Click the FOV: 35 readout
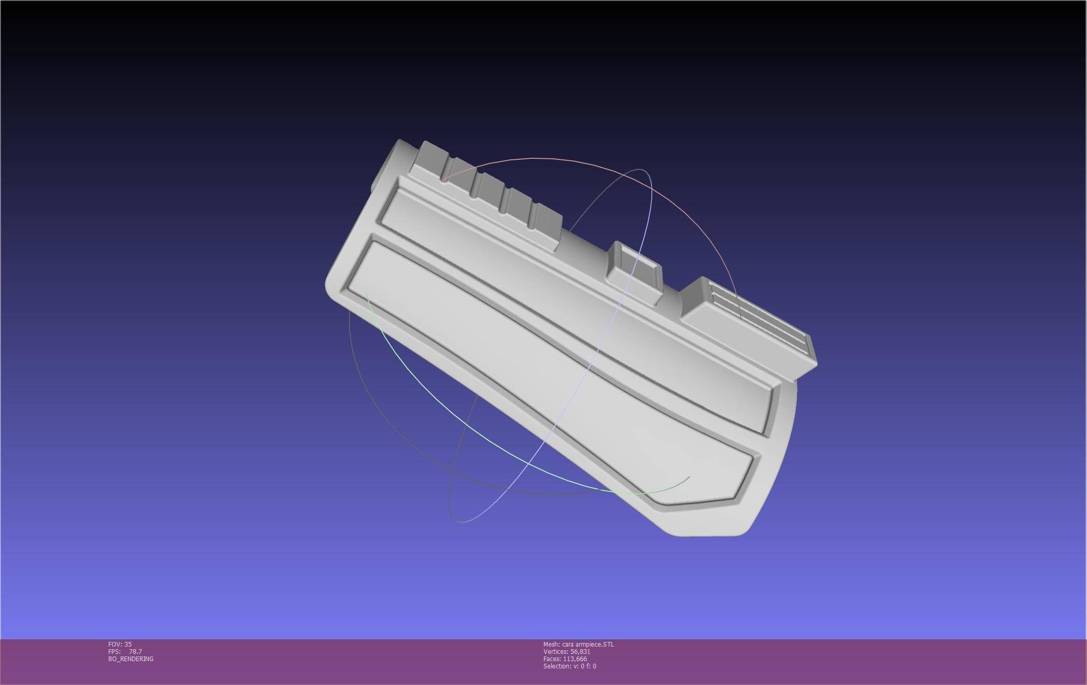120,645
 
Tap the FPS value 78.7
135,652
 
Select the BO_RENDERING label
131,659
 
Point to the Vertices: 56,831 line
567,652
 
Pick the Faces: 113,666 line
565,659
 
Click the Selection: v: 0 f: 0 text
569,666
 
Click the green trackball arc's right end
689,477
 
